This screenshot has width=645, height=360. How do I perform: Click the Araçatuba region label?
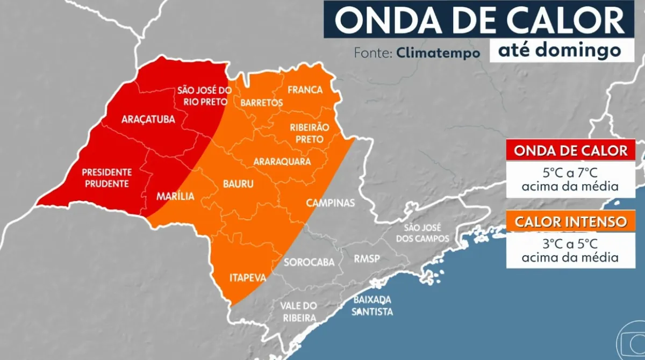pos(148,120)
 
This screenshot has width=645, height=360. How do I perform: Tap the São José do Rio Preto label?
pos(204,96)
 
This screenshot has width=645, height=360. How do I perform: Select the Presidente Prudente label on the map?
pos(106,178)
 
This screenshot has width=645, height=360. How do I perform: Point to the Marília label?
pos(175,197)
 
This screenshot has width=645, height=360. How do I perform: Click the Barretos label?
pos(262,102)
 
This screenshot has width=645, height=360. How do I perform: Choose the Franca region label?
pos(305,90)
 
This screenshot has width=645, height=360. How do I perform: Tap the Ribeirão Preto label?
pos(306,133)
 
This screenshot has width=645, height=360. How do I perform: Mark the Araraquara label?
pos(282,161)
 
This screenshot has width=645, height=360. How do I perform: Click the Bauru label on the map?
pos(238,184)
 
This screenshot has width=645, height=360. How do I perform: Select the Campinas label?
pos(331,203)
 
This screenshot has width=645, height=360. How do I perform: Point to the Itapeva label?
pos(248,278)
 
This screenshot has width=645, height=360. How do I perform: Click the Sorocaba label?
pos(309,262)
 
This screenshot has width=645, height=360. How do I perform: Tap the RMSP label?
pos(367,259)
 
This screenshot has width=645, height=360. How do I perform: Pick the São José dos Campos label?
pos(422,233)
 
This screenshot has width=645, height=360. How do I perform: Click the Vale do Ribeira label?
pos(298,312)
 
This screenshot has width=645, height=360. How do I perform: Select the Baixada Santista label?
pos(372,306)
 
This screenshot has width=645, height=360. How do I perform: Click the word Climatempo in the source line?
pos(438,53)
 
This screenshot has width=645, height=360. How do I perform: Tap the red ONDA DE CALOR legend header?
pos(570,150)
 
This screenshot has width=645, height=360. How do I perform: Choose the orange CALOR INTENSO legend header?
pos(570,221)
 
